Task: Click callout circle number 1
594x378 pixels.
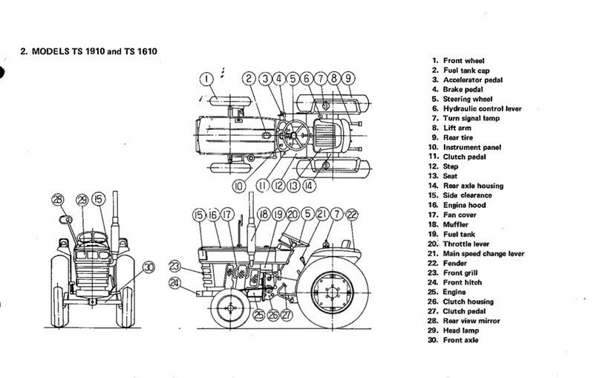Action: coord(206,77)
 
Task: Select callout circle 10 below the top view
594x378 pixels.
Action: coord(239,186)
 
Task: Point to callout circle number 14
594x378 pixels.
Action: coord(308,186)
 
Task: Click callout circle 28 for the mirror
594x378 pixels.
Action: coord(58,199)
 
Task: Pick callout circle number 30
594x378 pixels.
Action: coord(148,267)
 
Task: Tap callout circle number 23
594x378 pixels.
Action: coord(175,265)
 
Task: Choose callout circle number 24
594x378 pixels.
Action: coord(175,282)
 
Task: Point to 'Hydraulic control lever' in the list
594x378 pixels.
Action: coord(482,108)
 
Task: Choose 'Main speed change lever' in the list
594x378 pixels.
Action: coord(483,253)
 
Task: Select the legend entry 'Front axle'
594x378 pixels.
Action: coord(461,340)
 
